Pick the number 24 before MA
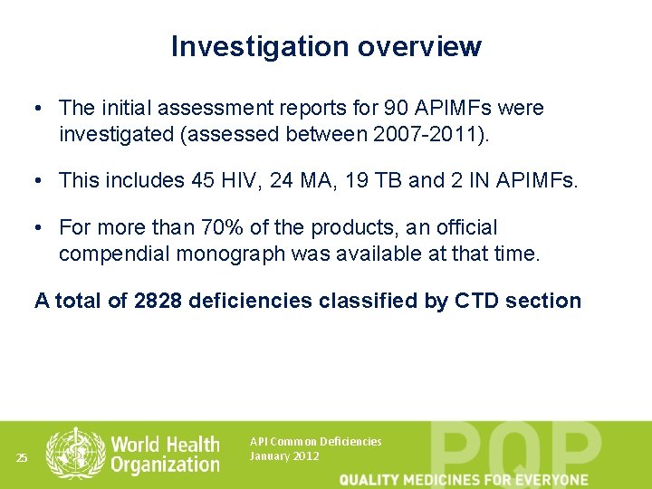point(283,180)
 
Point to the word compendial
point(114,254)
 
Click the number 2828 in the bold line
point(158,301)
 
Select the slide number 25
point(23,458)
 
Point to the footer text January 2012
point(283,456)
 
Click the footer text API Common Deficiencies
point(315,442)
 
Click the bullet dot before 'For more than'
point(42,227)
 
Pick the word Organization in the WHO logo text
point(165,465)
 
